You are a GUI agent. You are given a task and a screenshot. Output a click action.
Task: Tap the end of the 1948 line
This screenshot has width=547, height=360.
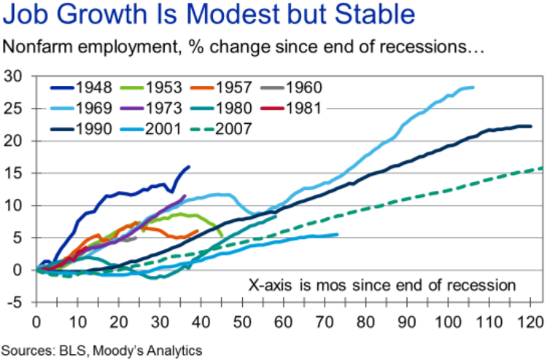[x=189, y=167]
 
